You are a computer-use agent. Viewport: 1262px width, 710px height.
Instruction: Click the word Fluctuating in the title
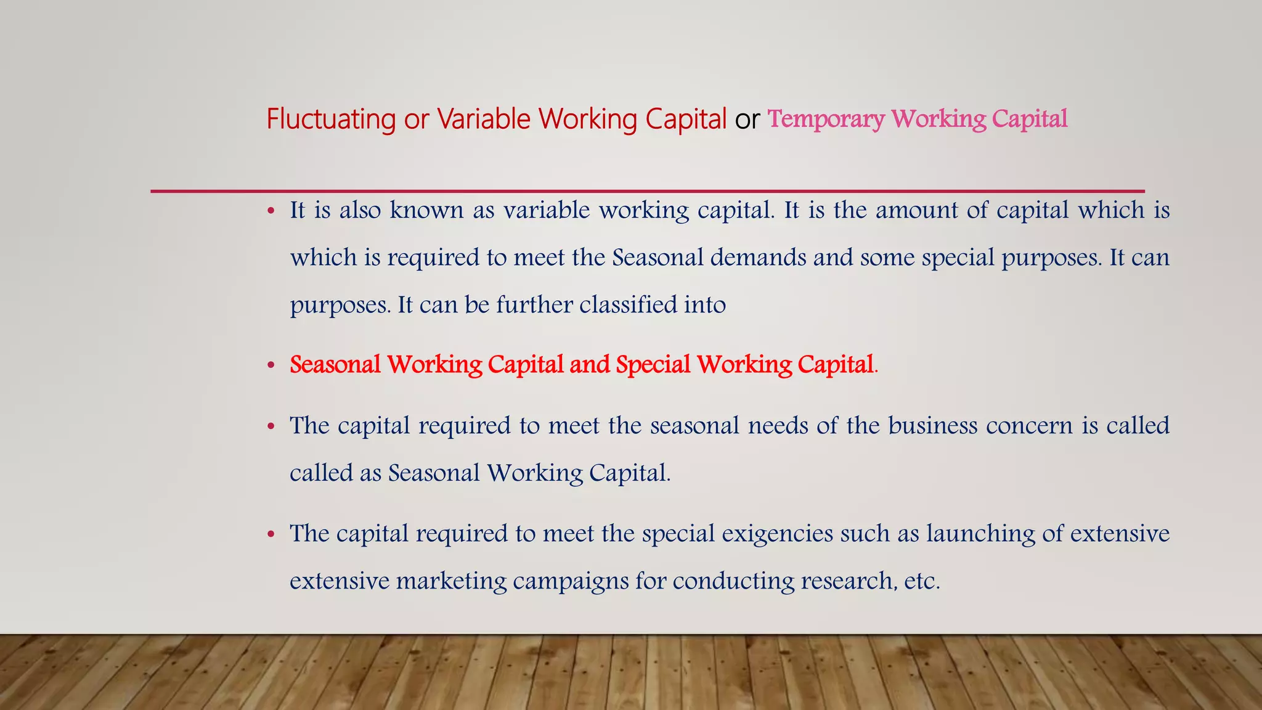330,119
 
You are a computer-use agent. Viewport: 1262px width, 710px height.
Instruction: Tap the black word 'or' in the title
747,120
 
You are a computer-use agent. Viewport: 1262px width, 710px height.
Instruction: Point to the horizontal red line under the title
647,191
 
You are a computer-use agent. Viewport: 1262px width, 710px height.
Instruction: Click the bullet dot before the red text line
271,365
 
